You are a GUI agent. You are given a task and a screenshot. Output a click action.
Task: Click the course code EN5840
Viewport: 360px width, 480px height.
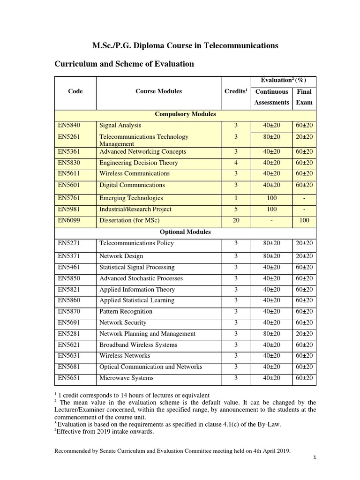[68, 126]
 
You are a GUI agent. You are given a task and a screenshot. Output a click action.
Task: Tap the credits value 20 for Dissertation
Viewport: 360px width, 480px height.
[236, 220]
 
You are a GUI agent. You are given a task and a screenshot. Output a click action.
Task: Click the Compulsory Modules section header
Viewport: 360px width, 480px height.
[185, 114]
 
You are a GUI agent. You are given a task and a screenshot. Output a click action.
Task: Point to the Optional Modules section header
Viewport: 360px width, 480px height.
[185, 232]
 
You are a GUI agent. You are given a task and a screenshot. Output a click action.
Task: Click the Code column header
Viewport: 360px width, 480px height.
[75, 91]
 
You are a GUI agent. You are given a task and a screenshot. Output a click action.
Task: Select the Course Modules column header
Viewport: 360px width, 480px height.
[158, 91]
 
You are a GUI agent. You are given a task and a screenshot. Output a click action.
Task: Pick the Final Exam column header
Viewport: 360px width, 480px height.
[304, 97]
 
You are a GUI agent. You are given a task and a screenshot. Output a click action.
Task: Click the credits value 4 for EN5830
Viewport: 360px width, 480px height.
[236, 163]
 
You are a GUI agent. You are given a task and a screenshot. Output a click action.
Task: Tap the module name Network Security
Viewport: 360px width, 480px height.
[123, 323]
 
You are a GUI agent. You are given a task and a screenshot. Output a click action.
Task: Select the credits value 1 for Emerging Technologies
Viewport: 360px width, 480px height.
[236, 198]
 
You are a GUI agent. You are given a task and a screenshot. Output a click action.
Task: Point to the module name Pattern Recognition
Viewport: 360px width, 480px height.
[126, 312]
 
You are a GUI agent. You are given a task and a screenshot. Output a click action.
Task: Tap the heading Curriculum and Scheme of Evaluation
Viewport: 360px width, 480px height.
[124, 64]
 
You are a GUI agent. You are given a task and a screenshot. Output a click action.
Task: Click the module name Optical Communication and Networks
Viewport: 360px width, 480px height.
[150, 367]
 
